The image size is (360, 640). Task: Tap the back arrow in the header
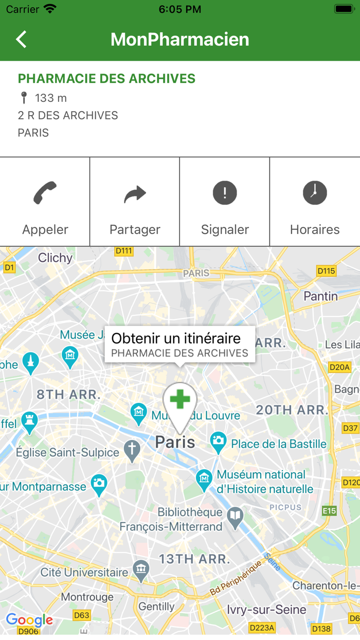21,40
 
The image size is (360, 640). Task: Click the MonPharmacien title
180,40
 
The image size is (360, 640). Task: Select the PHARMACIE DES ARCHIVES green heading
106,79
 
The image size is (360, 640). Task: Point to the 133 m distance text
50,98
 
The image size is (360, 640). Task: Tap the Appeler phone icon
45,193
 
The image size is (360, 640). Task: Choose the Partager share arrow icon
135,193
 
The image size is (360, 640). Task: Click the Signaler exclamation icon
225,193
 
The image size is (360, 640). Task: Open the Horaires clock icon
315,193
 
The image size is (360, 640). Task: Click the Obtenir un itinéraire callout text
176,339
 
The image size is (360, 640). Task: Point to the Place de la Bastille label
279,443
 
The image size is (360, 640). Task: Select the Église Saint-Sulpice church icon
132,450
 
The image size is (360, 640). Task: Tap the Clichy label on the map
55,258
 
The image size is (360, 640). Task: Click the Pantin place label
320,296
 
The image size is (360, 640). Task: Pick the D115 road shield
327,271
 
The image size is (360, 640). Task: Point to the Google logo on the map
29,620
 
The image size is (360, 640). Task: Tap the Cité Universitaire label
84,572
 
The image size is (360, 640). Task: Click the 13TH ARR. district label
193,559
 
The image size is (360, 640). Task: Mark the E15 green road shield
329,511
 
